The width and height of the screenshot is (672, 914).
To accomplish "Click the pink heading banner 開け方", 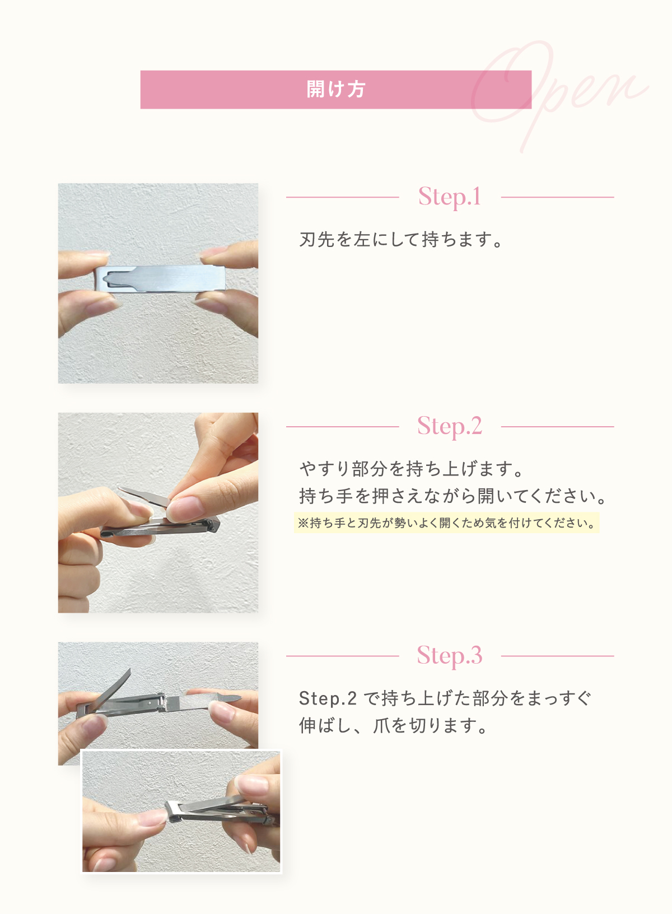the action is (335, 90).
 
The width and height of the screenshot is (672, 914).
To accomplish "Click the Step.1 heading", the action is (450, 197).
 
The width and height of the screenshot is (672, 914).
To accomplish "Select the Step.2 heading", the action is (450, 426).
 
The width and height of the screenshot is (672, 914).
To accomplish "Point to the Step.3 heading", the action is (450, 656).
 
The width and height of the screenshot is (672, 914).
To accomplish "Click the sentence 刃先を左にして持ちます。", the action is (401, 240).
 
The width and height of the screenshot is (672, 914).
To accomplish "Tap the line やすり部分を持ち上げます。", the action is (411, 469).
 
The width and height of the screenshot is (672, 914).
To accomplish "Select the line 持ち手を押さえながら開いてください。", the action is (453, 496).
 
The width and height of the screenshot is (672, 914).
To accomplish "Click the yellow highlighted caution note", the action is (446, 523).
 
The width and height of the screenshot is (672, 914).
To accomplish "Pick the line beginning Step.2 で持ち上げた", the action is (445, 698).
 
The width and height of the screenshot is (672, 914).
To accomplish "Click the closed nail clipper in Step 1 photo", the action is (160, 279).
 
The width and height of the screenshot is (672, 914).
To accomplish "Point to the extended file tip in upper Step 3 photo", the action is (228, 698).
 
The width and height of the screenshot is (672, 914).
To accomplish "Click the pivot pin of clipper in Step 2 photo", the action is (212, 529).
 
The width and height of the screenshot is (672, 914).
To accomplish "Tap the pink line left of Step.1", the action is (342, 197).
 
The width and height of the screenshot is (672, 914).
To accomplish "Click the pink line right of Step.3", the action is (557, 656).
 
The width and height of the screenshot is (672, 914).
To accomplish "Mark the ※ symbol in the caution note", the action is (303, 523).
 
